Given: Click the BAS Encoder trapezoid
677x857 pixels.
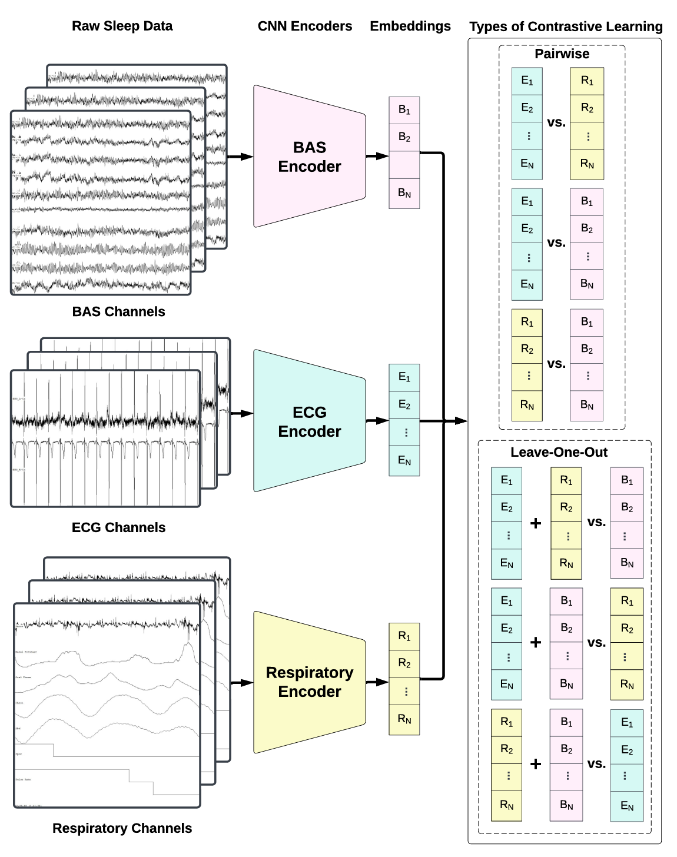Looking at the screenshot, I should [309, 157].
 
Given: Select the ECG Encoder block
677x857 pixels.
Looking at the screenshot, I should [309, 421].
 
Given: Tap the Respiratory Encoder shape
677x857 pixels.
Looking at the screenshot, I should [309, 682].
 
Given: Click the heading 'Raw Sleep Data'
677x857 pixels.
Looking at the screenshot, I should [122, 26].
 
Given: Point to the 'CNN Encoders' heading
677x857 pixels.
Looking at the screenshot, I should [304, 26].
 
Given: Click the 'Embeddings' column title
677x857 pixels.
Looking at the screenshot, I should [410, 26].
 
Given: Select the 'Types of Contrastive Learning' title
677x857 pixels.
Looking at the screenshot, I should [565, 26].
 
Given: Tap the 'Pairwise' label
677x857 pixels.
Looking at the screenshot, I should [562, 54].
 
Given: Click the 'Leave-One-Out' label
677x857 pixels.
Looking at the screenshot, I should [559, 452].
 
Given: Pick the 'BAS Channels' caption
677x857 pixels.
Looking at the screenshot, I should [118, 311].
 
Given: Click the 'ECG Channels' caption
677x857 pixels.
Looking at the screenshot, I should [118, 527].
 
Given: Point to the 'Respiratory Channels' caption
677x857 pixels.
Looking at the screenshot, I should [122, 828].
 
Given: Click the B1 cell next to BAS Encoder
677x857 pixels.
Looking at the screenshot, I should [404, 110].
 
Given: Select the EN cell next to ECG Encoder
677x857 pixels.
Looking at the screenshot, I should [404, 461].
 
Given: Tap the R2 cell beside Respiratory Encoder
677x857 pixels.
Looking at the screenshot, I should [404, 664].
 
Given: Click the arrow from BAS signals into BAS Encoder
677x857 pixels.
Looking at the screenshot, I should [240, 157].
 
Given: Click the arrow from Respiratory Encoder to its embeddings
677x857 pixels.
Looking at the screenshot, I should [377, 682].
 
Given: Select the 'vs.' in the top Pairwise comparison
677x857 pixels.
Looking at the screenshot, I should [556, 123].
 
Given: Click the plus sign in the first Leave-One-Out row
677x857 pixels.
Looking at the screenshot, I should [536, 523].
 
